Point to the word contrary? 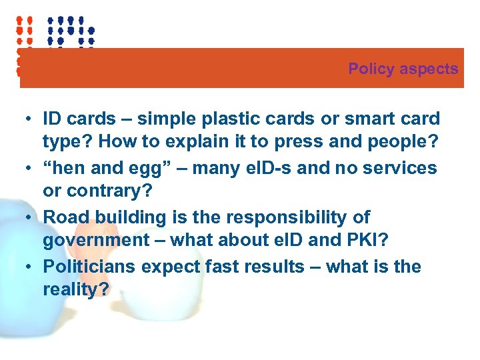click(x=107, y=193)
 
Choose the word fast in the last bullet click(x=221, y=267)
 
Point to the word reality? click(x=75, y=291)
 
